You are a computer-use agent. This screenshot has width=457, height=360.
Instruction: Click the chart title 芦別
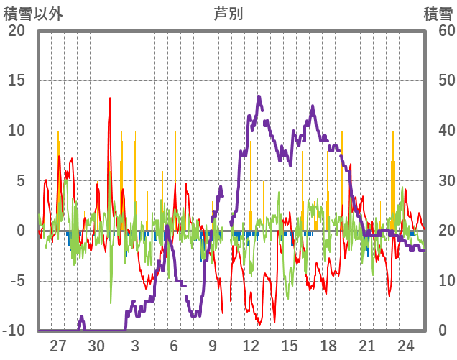[x=228, y=14]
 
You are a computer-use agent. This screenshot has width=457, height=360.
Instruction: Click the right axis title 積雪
[x=437, y=14]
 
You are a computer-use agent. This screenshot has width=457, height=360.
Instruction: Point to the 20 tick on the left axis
[x=17, y=30]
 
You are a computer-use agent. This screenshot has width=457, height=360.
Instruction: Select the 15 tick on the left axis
[x=17, y=80]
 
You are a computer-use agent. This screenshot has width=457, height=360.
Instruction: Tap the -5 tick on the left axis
[x=17, y=281]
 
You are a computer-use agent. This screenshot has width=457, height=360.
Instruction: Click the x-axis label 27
[x=58, y=346]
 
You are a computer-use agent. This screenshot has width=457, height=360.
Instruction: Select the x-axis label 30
[x=97, y=346]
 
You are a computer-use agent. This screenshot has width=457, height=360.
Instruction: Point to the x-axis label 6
[x=174, y=346]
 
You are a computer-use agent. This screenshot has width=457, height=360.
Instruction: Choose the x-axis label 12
[x=251, y=346]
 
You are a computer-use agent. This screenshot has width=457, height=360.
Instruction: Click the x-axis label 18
[x=328, y=346]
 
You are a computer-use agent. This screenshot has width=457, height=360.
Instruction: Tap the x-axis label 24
[x=405, y=346]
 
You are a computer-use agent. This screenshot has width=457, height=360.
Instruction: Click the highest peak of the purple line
[x=259, y=97]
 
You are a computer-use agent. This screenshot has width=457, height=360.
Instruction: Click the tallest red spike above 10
[x=109, y=98]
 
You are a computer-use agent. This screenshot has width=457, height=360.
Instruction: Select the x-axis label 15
[x=290, y=346]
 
